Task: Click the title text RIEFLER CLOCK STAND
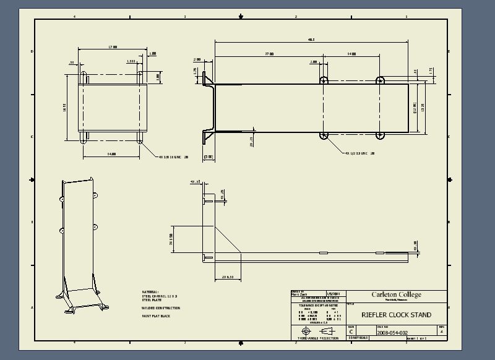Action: (397, 315)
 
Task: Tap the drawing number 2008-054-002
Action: (392, 332)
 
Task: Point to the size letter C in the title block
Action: (351, 332)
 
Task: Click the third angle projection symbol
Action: (318, 331)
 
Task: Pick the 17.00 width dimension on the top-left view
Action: (113, 46)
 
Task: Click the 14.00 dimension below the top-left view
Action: (112, 153)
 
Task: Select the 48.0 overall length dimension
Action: (311, 40)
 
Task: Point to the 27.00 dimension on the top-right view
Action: (269, 54)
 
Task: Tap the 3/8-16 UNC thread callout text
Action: (173, 156)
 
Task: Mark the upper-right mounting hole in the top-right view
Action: (380, 80)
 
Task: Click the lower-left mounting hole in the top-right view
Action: (323, 135)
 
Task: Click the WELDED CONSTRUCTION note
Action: (161, 307)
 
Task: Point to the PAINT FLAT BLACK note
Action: (156, 316)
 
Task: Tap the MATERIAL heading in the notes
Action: (150, 291)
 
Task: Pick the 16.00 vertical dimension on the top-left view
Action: (64, 108)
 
